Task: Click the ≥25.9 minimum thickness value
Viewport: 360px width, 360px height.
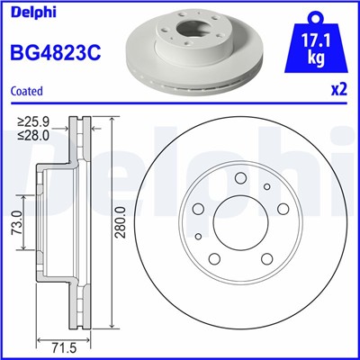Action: (x=36, y=121)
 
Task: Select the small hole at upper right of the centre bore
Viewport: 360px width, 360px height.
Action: (x=268, y=188)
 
